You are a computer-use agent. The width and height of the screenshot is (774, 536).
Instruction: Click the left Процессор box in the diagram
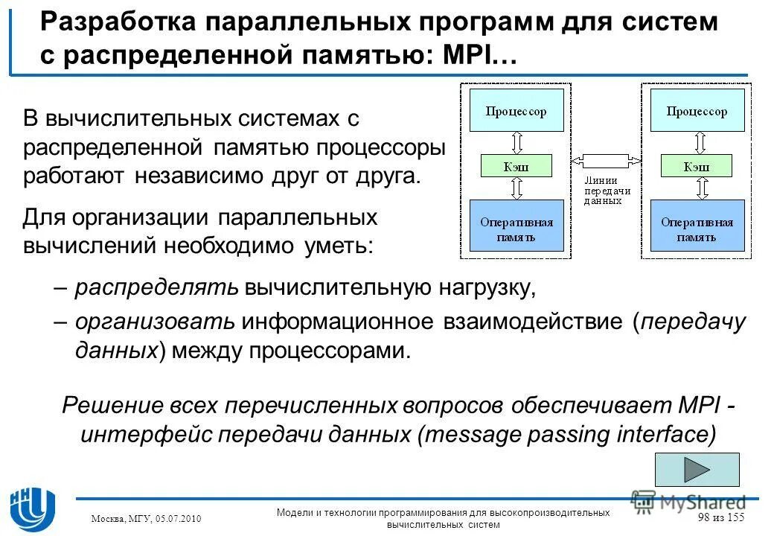516,112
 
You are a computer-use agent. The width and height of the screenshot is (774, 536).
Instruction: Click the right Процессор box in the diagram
697,112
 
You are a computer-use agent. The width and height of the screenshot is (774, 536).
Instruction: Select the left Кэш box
516,166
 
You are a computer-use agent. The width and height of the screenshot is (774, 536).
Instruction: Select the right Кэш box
697,166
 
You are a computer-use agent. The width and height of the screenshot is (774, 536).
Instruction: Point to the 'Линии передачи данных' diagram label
607,191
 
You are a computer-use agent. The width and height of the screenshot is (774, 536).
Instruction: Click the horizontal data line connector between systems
607,160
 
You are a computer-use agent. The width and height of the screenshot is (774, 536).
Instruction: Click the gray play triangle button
697,470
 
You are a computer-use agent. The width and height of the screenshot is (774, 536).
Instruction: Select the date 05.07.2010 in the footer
176,519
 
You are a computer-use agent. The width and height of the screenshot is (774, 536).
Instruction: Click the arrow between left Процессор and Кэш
516,142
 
